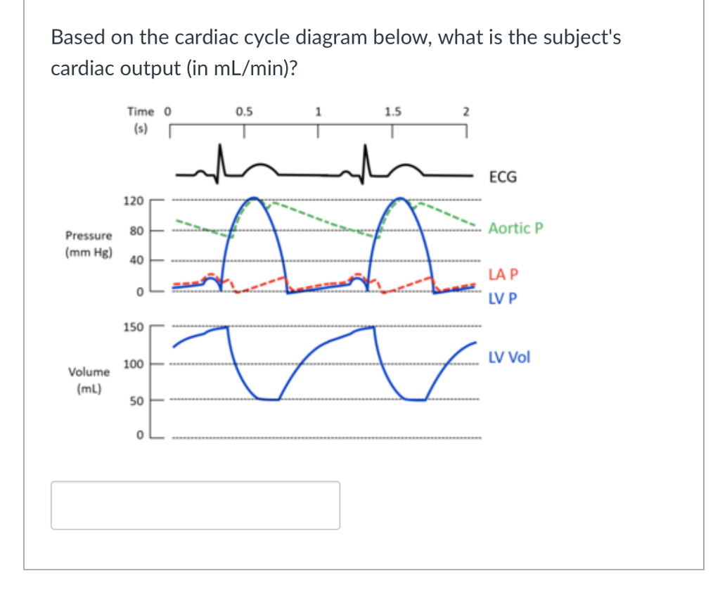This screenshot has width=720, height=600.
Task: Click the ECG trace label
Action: [502, 177]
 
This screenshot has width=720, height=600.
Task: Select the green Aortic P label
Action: [515, 229]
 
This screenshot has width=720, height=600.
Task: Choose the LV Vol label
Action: [509, 357]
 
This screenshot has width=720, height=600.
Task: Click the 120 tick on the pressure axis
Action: [133, 201]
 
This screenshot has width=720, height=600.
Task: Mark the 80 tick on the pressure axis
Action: [136, 231]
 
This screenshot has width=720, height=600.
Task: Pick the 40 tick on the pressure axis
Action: [136, 260]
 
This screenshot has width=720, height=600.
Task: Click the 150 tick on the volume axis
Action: [133, 327]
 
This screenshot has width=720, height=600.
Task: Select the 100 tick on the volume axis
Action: [133, 364]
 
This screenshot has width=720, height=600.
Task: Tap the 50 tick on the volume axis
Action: [136, 401]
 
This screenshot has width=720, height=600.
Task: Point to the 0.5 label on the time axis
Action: [245, 110]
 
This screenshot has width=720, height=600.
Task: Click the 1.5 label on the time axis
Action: [393, 110]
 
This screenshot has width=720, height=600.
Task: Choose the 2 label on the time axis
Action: [465, 111]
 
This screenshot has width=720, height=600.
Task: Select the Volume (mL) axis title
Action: [89, 378]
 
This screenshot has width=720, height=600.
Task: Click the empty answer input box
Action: [195, 505]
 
